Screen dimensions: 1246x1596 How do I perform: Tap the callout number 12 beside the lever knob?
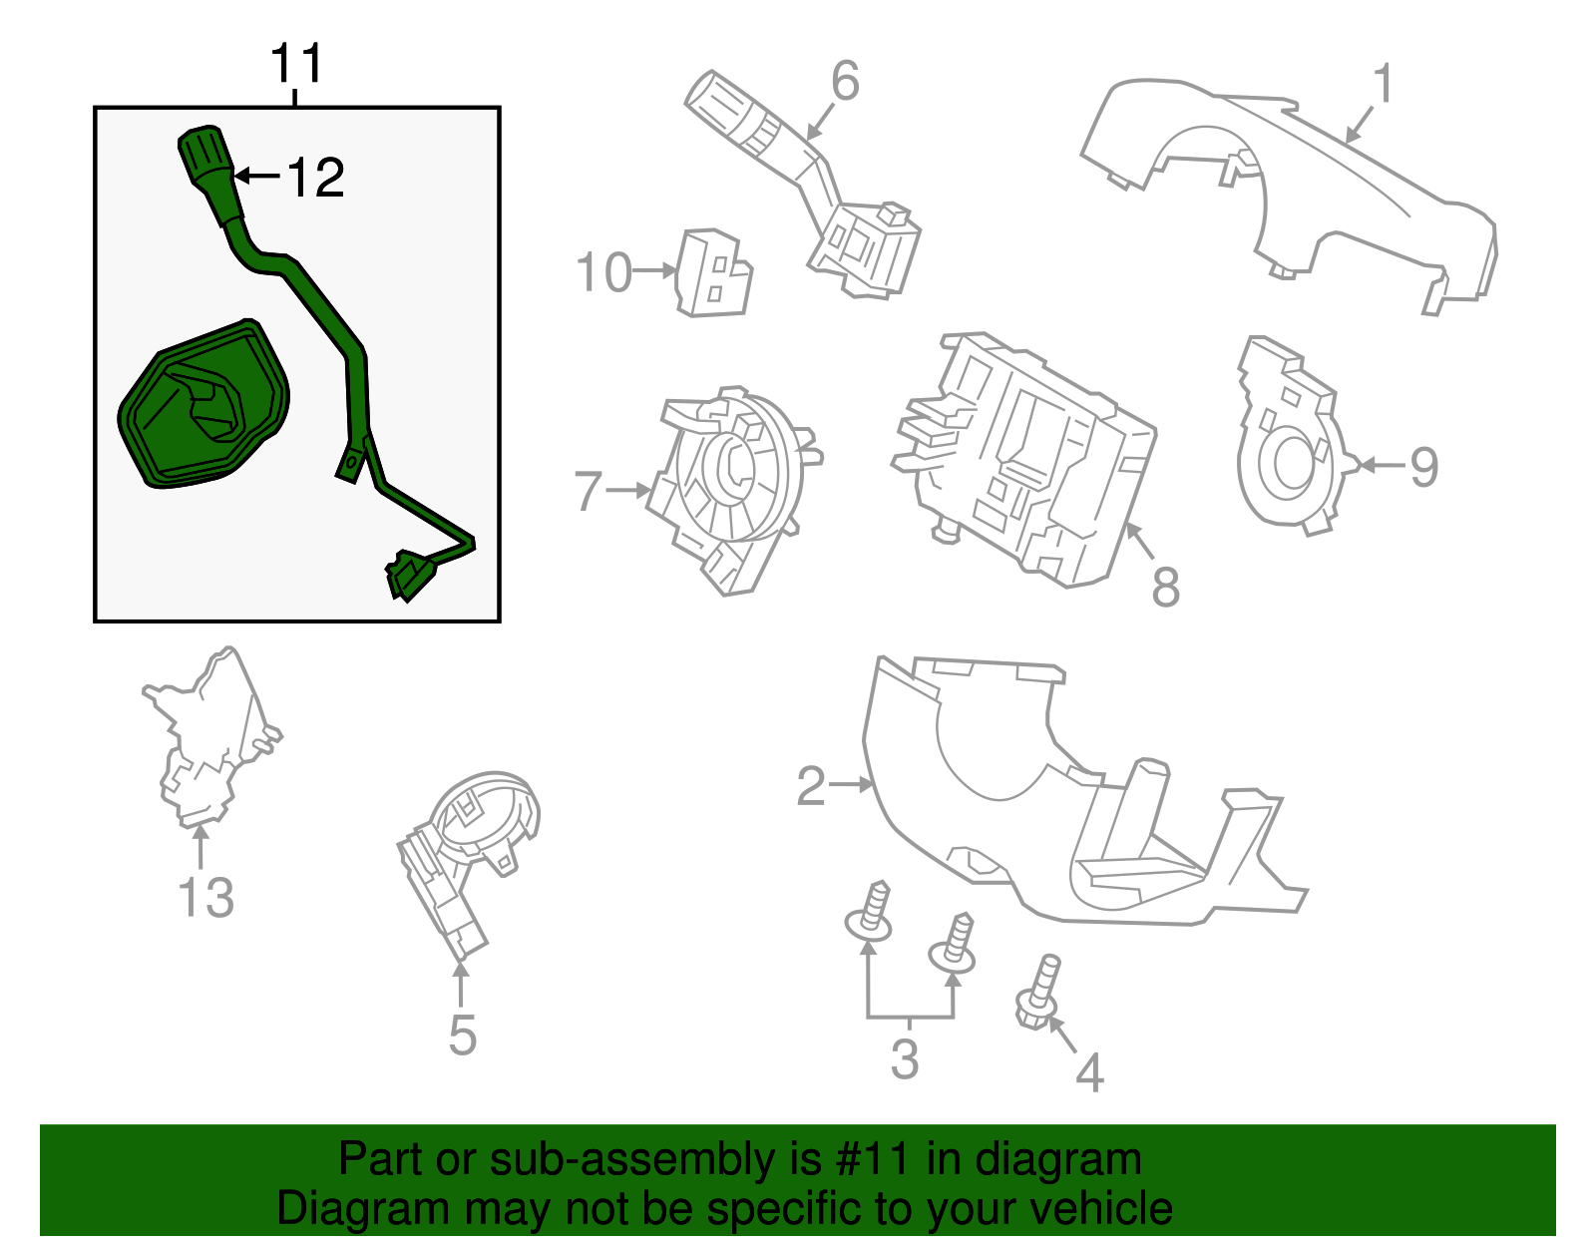pos(315,179)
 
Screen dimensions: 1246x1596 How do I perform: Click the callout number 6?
pos(844,82)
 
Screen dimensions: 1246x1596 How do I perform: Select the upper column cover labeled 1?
pos(1287,190)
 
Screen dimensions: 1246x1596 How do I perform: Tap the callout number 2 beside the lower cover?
pos(811,787)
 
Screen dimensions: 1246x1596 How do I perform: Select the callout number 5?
pos(462,1036)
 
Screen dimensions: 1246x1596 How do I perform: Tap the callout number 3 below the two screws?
pos(904,1059)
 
